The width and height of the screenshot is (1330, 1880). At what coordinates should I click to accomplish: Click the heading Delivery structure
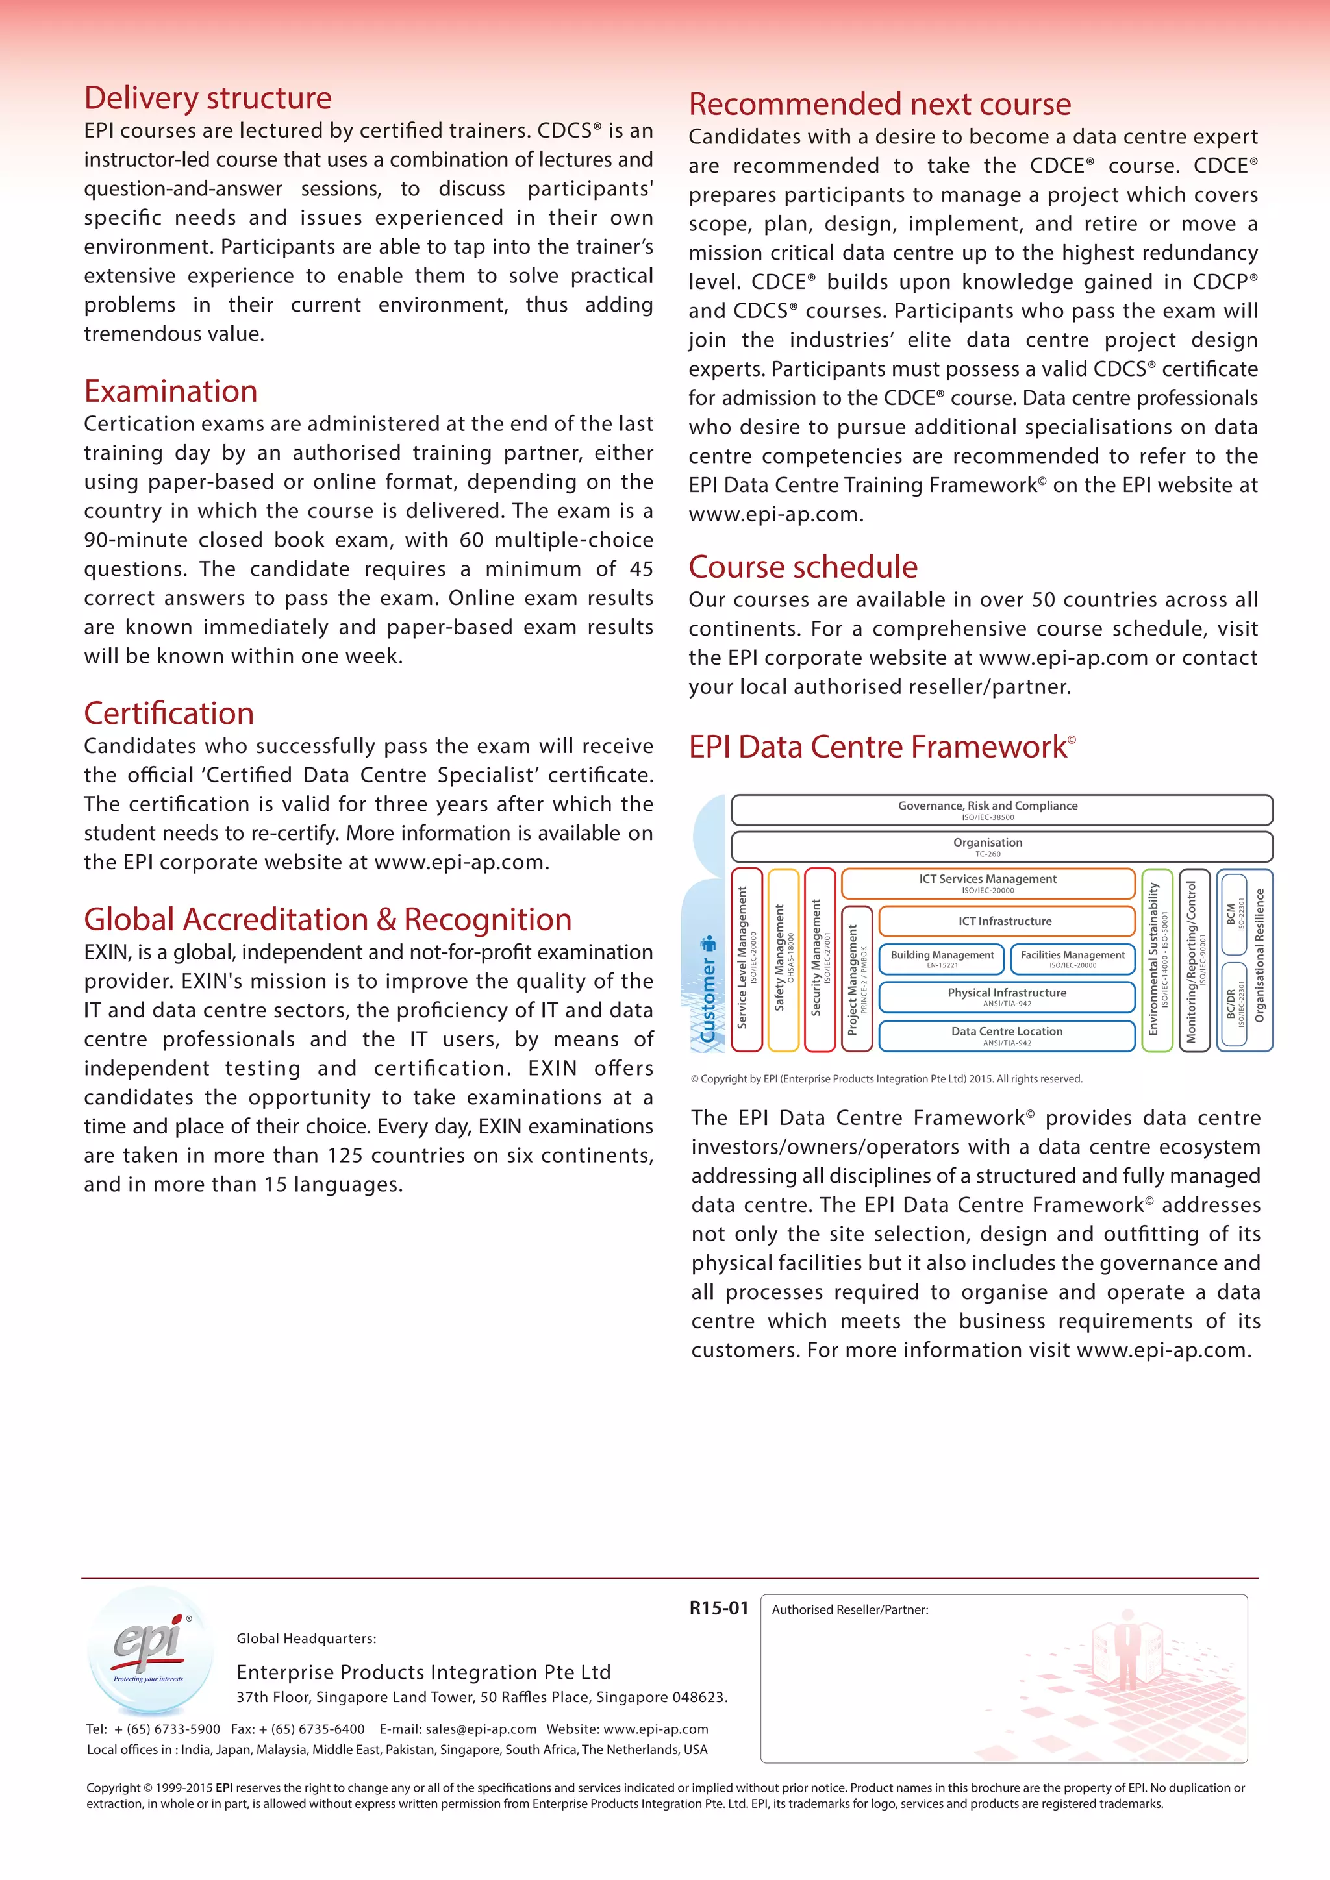pos(208,98)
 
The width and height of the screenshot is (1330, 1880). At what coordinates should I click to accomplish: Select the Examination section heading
pos(170,391)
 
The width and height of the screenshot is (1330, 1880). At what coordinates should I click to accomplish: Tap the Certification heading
pos(169,713)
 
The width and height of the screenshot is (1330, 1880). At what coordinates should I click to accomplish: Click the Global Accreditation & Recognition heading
pos(327,919)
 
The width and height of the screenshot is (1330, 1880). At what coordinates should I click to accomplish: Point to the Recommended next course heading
pos(879,104)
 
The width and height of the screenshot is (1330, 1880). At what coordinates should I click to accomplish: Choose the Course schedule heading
pos(803,567)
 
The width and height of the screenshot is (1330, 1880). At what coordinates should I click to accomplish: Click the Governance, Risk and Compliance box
pos(1001,810)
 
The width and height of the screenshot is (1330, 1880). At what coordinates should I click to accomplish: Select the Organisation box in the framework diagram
pos(1001,847)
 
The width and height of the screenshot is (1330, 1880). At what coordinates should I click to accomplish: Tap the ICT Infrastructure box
pos(1006,921)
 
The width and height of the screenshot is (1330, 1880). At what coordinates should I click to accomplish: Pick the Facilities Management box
pos(1072,958)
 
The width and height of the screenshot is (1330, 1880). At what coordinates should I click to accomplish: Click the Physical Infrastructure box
pos(1006,996)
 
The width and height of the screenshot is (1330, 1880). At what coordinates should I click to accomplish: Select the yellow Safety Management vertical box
pos(783,959)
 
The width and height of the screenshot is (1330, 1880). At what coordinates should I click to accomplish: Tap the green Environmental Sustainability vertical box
pos(1157,959)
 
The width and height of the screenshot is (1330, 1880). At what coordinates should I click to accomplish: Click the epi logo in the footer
pos(150,1650)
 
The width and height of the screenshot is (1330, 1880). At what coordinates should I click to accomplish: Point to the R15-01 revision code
pos(718,1608)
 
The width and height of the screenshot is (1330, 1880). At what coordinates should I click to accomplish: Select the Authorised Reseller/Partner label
pos(849,1610)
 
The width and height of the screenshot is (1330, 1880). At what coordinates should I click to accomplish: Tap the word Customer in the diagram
pos(709,1000)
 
